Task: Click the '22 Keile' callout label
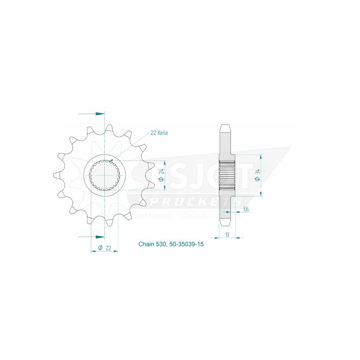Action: point(159,133)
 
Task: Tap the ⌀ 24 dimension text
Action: point(161,175)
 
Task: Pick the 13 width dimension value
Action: point(227,234)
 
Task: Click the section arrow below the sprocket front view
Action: point(97,236)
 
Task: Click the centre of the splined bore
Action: point(105,175)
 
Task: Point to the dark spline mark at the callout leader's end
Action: point(112,161)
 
